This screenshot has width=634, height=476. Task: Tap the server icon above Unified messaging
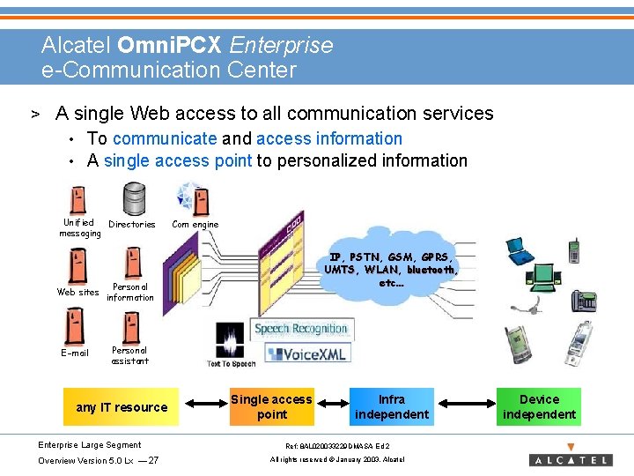77,199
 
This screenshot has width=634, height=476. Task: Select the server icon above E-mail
75,327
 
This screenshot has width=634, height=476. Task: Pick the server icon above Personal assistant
129,327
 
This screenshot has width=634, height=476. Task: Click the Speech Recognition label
301,329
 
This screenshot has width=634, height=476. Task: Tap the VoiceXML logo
306,353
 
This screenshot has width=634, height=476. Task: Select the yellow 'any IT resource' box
122,407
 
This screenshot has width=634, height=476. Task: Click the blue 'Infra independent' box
391,407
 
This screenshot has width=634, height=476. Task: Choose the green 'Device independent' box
539,407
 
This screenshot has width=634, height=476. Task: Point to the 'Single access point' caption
271,407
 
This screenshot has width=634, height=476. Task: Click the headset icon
527,305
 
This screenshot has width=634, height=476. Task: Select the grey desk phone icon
583,300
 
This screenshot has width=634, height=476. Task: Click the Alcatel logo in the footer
570,458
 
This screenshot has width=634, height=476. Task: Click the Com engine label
195,225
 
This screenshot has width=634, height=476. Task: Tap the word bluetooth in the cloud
431,271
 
